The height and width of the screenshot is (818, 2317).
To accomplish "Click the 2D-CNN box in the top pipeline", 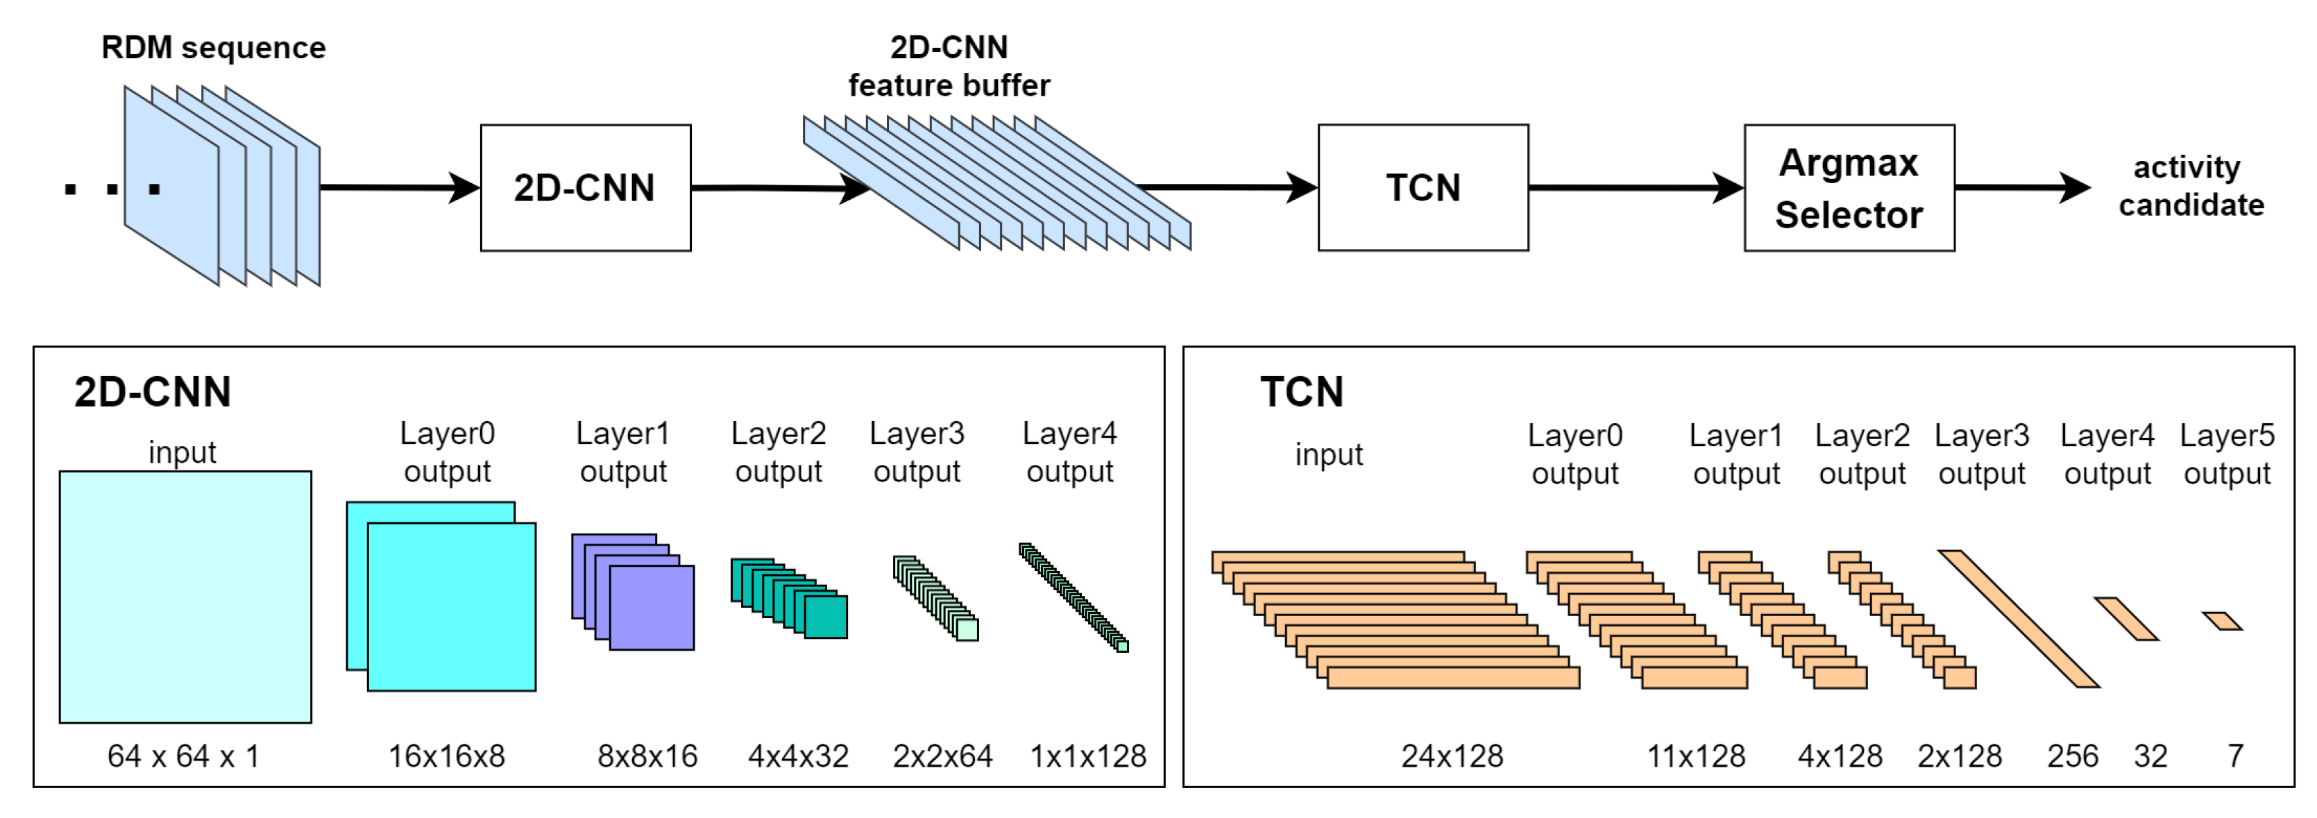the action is pos(586,188).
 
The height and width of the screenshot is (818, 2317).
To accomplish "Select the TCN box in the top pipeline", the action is pos(1423,188).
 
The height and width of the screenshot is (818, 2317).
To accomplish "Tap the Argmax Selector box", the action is pos(1849,188).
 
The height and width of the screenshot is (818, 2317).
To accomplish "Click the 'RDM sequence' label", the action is pos(213,48).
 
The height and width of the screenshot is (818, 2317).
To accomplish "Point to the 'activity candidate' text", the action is pos(2191,186).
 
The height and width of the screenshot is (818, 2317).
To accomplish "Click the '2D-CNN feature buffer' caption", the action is pos(949,66).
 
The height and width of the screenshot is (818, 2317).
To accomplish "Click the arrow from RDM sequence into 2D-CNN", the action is pos(400,188).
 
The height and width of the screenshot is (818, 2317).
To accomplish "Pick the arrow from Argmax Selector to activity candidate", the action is pos(2023,188).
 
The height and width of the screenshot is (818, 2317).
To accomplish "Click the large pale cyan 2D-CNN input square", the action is pos(185,597).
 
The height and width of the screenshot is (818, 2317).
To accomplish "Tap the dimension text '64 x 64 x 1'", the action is pos(183,756).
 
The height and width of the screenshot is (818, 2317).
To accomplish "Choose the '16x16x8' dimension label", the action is pos(446,756).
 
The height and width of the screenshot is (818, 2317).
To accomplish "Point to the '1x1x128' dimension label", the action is pos(1087,756).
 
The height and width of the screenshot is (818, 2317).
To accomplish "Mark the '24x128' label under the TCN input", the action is pos(1452,756).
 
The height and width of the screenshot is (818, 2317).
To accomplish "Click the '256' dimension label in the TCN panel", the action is pos(2072,756).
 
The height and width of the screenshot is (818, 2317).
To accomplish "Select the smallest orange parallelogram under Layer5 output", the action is pos(2223,621).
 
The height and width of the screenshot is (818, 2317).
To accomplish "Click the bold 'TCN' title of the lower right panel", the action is pos(1302,392).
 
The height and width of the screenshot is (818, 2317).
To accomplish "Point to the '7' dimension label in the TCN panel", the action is pos(2235,756).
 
